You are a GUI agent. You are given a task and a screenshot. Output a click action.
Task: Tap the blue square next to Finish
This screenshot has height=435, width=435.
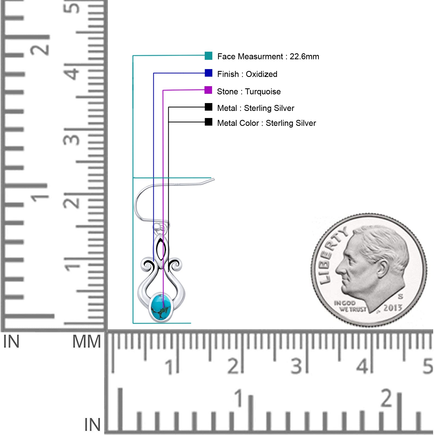(209, 73)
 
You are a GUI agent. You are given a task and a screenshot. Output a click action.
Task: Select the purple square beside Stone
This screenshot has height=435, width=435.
(208, 90)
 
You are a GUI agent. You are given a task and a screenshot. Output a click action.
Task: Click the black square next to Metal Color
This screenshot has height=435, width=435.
(209, 122)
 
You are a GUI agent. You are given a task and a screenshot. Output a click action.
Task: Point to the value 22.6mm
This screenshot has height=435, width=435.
(304, 57)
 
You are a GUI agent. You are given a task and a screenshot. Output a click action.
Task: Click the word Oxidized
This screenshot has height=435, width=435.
(262, 74)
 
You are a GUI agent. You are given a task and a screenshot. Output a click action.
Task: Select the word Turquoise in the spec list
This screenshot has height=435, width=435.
(263, 92)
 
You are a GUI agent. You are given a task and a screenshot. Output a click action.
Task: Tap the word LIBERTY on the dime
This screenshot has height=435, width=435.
(333, 256)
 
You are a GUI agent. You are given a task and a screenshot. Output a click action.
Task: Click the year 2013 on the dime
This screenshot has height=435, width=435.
(393, 308)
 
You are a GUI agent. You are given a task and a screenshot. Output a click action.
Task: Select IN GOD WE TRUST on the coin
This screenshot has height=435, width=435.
(350, 306)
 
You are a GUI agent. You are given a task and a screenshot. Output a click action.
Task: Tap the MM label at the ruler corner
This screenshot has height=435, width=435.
(86, 341)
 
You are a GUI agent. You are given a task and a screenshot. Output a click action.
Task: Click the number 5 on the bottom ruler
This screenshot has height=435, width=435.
(428, 366)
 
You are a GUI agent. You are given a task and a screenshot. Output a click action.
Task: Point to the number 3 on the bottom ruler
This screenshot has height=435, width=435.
(296, 366)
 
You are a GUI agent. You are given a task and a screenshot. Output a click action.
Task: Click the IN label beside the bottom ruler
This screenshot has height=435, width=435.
(92, 425)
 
